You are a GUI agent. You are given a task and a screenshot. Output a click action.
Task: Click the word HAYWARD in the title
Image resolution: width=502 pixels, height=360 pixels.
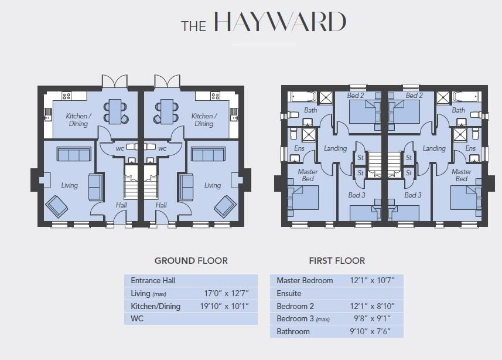[280, 22]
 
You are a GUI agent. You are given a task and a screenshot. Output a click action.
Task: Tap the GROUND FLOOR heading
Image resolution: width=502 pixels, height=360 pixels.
[191, 261]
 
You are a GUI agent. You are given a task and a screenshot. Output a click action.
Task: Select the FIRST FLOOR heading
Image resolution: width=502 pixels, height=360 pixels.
[337, 261]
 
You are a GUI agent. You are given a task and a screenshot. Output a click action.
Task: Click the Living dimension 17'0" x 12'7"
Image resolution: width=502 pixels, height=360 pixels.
[226, 293]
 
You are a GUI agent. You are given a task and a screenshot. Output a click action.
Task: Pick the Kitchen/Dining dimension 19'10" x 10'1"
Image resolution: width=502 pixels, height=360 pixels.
[224, 306]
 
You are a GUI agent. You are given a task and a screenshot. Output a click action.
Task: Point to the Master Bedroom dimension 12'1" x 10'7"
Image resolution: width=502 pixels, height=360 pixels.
[372, 280]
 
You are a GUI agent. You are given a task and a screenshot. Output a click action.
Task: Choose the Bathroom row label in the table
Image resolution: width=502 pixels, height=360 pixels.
[293, 331]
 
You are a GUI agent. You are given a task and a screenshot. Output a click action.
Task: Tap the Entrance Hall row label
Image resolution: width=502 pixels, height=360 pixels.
[153, 280]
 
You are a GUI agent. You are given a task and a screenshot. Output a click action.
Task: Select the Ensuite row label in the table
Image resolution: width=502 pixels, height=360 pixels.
[289, 293]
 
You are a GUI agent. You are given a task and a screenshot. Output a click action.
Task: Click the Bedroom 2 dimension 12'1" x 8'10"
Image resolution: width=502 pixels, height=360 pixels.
[372, 306]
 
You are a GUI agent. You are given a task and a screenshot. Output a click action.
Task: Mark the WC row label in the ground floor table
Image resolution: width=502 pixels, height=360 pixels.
[137, 318]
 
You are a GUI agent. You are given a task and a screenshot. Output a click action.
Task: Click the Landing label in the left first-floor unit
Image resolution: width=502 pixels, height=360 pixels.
[335, 148]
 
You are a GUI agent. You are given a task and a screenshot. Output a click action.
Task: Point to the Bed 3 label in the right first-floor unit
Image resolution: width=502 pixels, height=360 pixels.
[413, 195]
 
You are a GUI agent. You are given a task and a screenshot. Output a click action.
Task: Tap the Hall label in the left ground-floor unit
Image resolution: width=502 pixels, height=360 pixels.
[121, 205]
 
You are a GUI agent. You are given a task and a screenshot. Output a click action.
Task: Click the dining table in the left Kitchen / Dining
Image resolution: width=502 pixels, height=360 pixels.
[115, 111]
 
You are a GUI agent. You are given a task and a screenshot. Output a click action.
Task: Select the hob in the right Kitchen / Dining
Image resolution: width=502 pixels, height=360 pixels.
[215, 96]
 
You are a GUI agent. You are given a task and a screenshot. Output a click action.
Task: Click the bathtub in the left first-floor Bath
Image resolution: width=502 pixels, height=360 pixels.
[304, 97]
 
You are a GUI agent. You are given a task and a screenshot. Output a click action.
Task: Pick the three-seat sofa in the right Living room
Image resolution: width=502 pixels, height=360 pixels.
[208, 154]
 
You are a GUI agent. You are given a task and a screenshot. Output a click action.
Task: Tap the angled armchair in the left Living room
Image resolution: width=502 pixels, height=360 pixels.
[57, 206]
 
